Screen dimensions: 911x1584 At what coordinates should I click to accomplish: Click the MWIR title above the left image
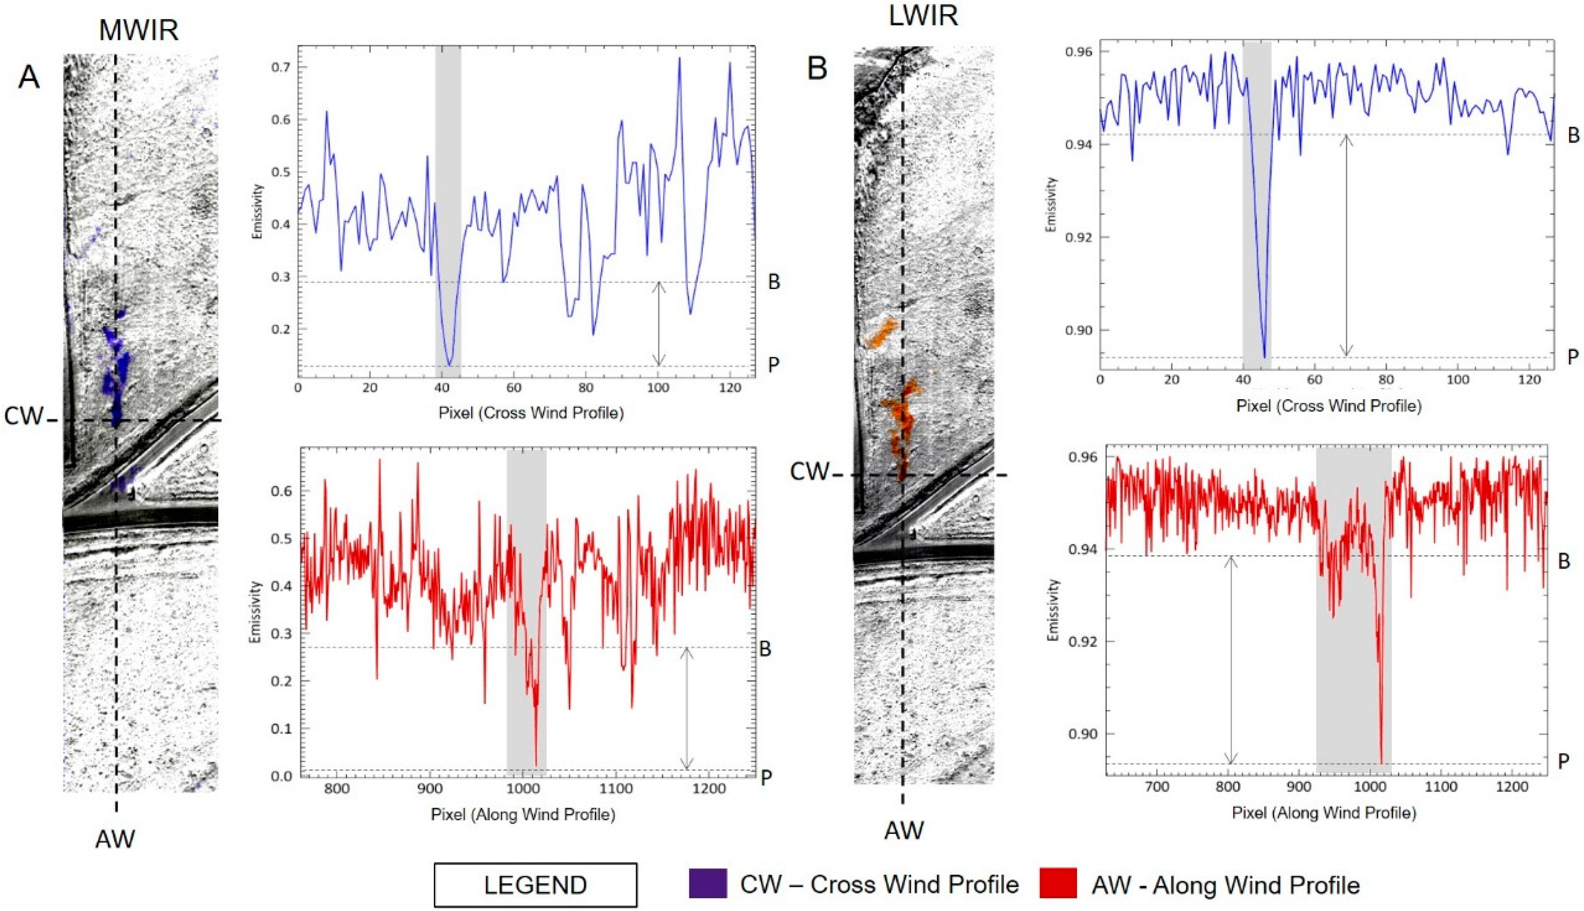click(139, 29)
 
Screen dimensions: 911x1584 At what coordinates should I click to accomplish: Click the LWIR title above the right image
click(923, 15)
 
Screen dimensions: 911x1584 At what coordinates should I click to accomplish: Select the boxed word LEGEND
click(535, 885)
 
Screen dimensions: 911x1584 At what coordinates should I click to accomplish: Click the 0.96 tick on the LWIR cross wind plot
click(1079, 51)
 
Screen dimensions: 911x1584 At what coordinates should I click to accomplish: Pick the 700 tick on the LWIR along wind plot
click(1156, 787)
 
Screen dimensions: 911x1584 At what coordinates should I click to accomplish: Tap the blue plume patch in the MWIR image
click(117, 375)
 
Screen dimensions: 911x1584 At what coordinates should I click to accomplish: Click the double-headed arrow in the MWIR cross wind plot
click(658, 323)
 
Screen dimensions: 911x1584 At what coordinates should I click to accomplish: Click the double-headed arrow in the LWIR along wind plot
click(1231, 660)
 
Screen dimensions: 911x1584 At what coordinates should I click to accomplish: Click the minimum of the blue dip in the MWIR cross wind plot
click(449, 364)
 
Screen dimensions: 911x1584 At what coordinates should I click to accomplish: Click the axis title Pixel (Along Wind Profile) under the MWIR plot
click(523, 815)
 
